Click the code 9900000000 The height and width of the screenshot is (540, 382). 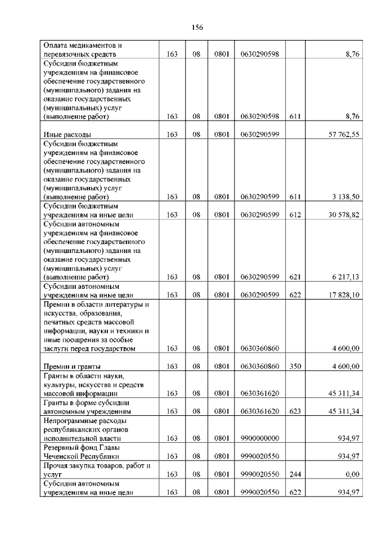(x=260, y=439)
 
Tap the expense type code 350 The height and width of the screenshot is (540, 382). (x=295, y=366)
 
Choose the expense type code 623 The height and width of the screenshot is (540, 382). (x=295, y=412)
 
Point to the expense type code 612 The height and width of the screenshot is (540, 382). (x=295, y=215)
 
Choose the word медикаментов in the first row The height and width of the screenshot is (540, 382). (x=93, y=45)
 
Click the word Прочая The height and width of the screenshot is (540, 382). (x=57, y=465)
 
